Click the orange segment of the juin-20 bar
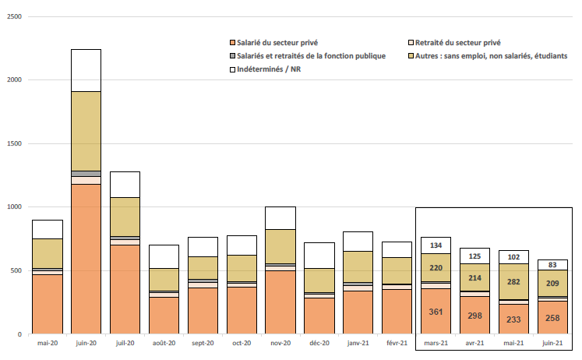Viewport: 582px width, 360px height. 86,259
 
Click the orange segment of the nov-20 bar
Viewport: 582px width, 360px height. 280,302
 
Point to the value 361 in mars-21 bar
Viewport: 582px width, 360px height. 436,312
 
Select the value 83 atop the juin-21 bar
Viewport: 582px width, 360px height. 552,265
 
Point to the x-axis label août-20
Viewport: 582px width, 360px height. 164,344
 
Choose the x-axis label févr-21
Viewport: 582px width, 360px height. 397,344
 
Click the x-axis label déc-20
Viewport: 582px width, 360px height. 319,344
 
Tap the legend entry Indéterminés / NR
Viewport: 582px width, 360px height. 272,69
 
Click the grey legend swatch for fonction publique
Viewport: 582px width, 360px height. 232,56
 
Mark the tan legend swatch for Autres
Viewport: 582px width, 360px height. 411,56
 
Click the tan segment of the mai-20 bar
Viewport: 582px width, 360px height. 47,253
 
